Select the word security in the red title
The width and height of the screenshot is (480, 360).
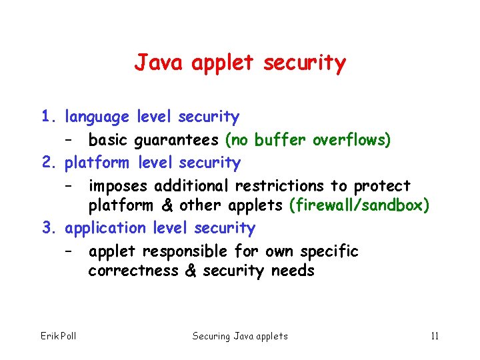click(305, 63)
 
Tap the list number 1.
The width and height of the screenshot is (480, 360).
click(47, 117)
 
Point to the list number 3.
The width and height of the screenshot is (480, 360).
click(47, 228)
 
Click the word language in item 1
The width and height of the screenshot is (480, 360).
click(97, 118)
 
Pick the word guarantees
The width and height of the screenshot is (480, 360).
click(176, 141)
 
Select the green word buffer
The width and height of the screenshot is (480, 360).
click(280, 140)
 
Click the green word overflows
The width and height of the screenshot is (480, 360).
click(351, 140)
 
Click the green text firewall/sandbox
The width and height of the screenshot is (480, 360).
click(359, 205)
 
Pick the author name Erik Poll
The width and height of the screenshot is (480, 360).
click(59, 335)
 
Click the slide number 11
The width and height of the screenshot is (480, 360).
click(435, 335)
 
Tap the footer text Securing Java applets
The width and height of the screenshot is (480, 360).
click(240, 336)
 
